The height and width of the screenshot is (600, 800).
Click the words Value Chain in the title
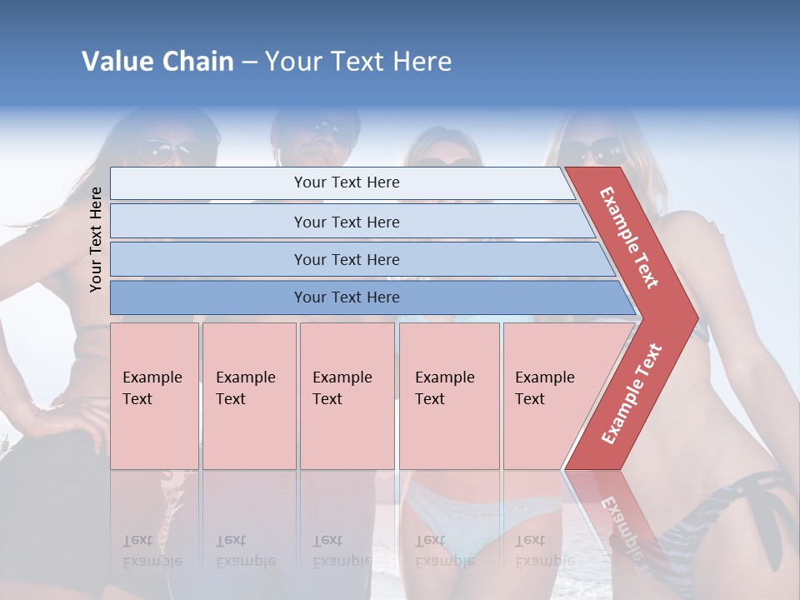click(x=157, y=62)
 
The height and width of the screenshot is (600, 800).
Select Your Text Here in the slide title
click(x=358, y=62)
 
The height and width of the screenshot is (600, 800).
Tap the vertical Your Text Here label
click(x=96, y=239)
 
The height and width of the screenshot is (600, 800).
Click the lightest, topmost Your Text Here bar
click(x=347, y=182)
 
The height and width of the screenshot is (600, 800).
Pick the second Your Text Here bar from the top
click(x=347, y=222)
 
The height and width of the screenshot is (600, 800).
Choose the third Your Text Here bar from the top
click(x=347, y=259)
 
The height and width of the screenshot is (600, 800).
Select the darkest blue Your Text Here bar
click(x=347, y=297)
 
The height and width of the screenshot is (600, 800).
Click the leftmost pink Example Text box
click(x=154, y=395)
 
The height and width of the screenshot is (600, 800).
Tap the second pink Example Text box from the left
click(x=248, y=395)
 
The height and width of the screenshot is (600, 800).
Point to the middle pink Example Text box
click(x=347, y=395)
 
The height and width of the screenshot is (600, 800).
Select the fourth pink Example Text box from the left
click(x=448, y=395)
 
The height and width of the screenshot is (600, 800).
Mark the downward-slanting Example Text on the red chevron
click(x=629, y=237)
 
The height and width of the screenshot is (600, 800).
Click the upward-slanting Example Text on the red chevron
click(x=632, y=393)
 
